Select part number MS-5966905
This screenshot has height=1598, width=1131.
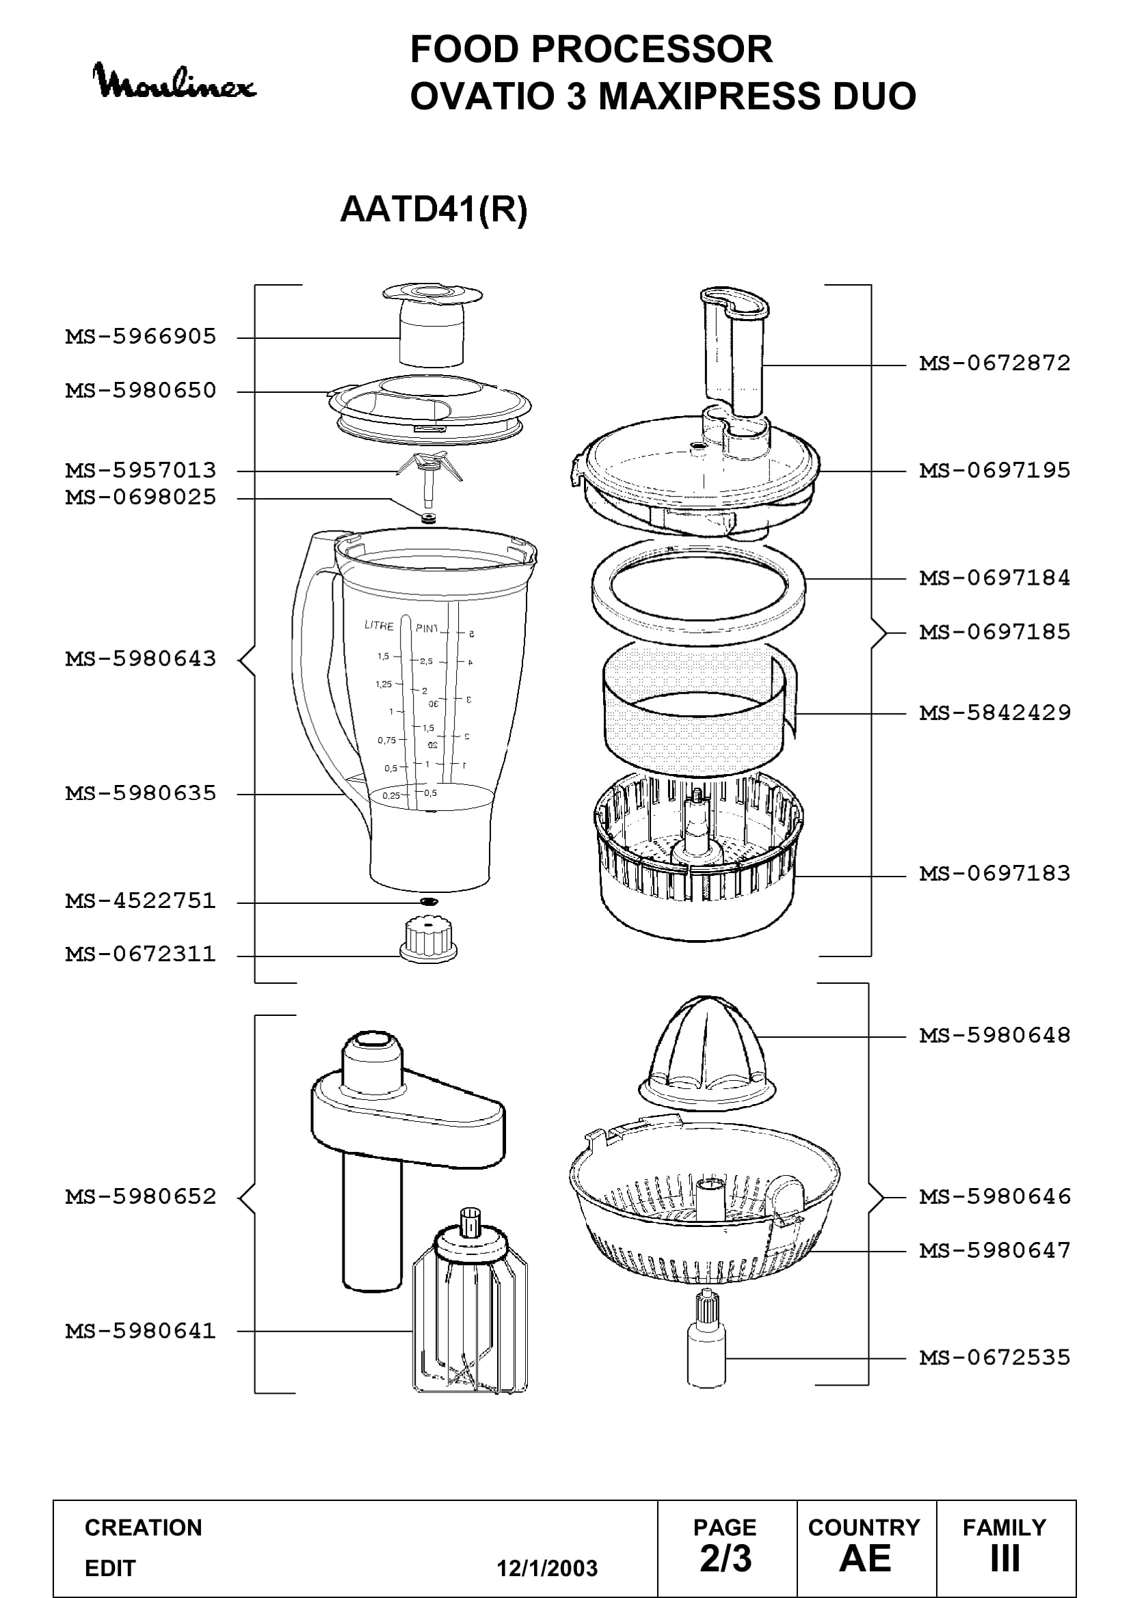(141, 337)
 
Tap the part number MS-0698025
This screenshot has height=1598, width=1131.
(141, 497)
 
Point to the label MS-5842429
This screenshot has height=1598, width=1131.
(994, 713)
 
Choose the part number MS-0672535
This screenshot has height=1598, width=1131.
(994, 1358)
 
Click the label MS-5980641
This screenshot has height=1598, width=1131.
(141, 1332)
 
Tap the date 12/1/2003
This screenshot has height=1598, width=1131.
(547, 1569)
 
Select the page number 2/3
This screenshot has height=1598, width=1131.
(726, 1558)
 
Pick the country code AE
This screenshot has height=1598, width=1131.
(865, 1558)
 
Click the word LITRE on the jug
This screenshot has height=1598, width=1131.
(379, 625)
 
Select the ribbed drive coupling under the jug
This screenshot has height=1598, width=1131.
(428, 939)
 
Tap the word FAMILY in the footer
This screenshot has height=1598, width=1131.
(1004, 1528)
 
